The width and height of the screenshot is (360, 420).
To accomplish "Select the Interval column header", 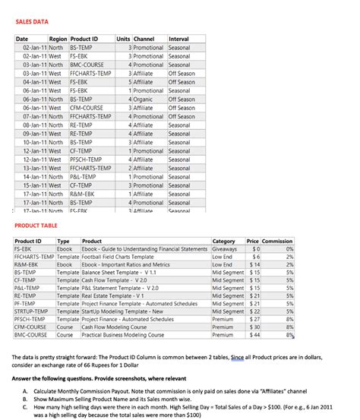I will click(x=178, y=39).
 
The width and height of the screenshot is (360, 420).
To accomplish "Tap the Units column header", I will click(x=123, y=39).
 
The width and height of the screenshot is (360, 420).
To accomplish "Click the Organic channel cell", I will click(x=143, y=99).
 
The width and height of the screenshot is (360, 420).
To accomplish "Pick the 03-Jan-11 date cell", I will click(x=32, y=65).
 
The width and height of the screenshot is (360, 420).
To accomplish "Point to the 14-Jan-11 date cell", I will click(x=32, y=176).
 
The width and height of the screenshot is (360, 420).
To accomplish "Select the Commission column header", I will click(x=277, y=241).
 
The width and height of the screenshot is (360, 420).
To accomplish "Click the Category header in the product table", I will click(x=223, y=241).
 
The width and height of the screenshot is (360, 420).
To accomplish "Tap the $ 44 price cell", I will click(x=254, y=334).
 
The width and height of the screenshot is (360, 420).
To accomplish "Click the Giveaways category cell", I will click(x=225, y=249).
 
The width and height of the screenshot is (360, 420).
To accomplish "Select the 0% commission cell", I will click(x=289, y=249).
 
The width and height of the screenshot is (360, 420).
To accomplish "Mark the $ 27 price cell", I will click(x=254, y=319).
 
